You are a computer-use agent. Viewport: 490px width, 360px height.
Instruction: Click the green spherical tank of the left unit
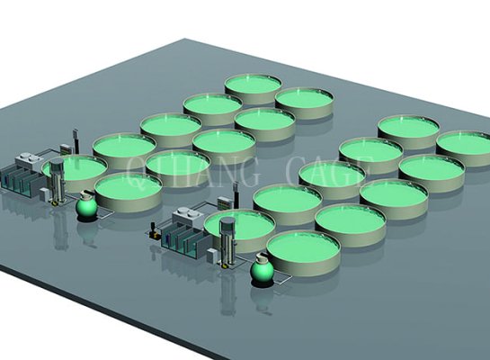pyautogui.click(x=87, y=207)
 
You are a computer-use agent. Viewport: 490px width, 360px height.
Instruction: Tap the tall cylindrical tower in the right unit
pyautogui.click(x=227, y=238)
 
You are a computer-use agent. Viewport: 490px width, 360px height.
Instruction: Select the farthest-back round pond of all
pyautogui.click(x=253, y=85)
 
